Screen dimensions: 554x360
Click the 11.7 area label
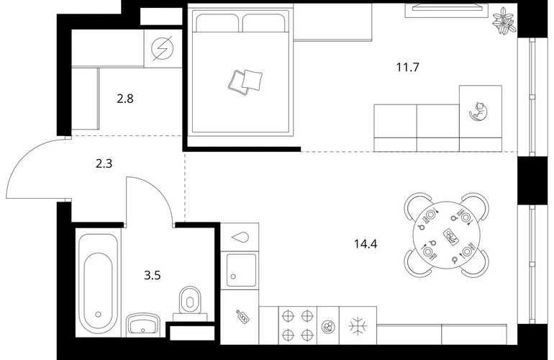point(407,67)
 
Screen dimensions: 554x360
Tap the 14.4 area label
point(365,244)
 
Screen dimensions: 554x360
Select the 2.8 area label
point(125,99)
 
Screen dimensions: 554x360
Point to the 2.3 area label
point(104,163)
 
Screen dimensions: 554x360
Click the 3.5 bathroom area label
point(153,275)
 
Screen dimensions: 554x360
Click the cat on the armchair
point(478,112)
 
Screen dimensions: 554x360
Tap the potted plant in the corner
point(504,21)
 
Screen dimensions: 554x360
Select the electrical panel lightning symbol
point(162,48)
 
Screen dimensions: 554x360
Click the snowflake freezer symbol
point(358,325)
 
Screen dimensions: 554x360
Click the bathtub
point(98,284)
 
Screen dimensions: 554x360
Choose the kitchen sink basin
point(241,270)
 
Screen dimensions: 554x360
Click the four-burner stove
point(298,325)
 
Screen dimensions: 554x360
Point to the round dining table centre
point(447,235)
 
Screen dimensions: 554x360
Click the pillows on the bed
point(245,81)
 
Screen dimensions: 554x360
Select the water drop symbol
point(240,237)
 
